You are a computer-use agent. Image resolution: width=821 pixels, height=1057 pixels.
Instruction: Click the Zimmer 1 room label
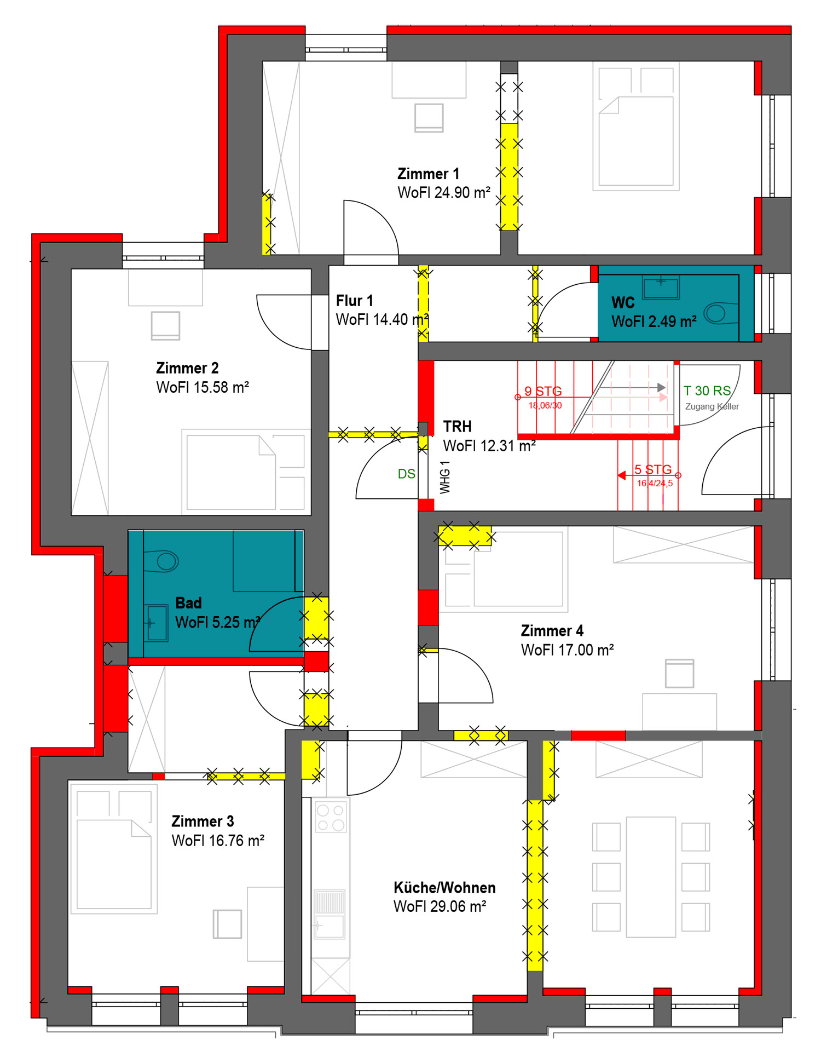tap(428, 174)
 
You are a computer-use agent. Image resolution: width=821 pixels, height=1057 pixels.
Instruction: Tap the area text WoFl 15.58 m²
tap(203, 387)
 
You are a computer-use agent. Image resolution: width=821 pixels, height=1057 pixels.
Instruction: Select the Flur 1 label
tap(354, 301)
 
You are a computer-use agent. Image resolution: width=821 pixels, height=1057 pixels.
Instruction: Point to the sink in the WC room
tap(661, 287)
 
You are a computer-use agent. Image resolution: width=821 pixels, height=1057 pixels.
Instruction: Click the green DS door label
tap(406, 474)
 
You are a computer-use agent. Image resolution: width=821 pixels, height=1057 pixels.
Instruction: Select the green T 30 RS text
tap(707, 390)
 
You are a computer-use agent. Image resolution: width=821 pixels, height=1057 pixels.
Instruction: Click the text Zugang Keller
tap(712, 406)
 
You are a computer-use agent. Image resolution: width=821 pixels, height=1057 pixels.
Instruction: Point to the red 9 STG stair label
tap(543, 391)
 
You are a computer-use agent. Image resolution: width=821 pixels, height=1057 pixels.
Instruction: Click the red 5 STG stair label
tap(653, 469)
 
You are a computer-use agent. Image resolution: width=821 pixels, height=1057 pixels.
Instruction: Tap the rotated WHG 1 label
tap(445, 477)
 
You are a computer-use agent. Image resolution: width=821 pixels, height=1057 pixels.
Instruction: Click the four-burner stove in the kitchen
tap(331, 817)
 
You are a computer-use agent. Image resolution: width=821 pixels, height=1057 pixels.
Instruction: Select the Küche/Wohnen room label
tap(444, 887)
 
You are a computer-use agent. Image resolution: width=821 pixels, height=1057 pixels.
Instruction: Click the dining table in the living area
tap(651, 877)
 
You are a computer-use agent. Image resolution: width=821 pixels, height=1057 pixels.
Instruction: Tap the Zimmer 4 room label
tap(552, 630)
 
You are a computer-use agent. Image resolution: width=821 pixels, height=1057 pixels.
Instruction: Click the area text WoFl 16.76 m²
tap(218, 840)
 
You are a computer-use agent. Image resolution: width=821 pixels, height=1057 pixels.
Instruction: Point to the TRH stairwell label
tap(457, 426)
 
